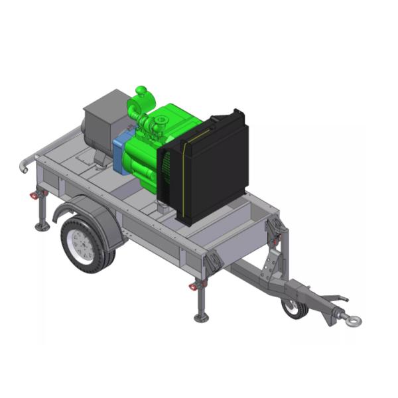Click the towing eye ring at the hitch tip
[x=352, y=322]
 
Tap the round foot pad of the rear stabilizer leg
[x=42, y=227]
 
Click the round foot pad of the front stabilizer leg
[x=202, y=318]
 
